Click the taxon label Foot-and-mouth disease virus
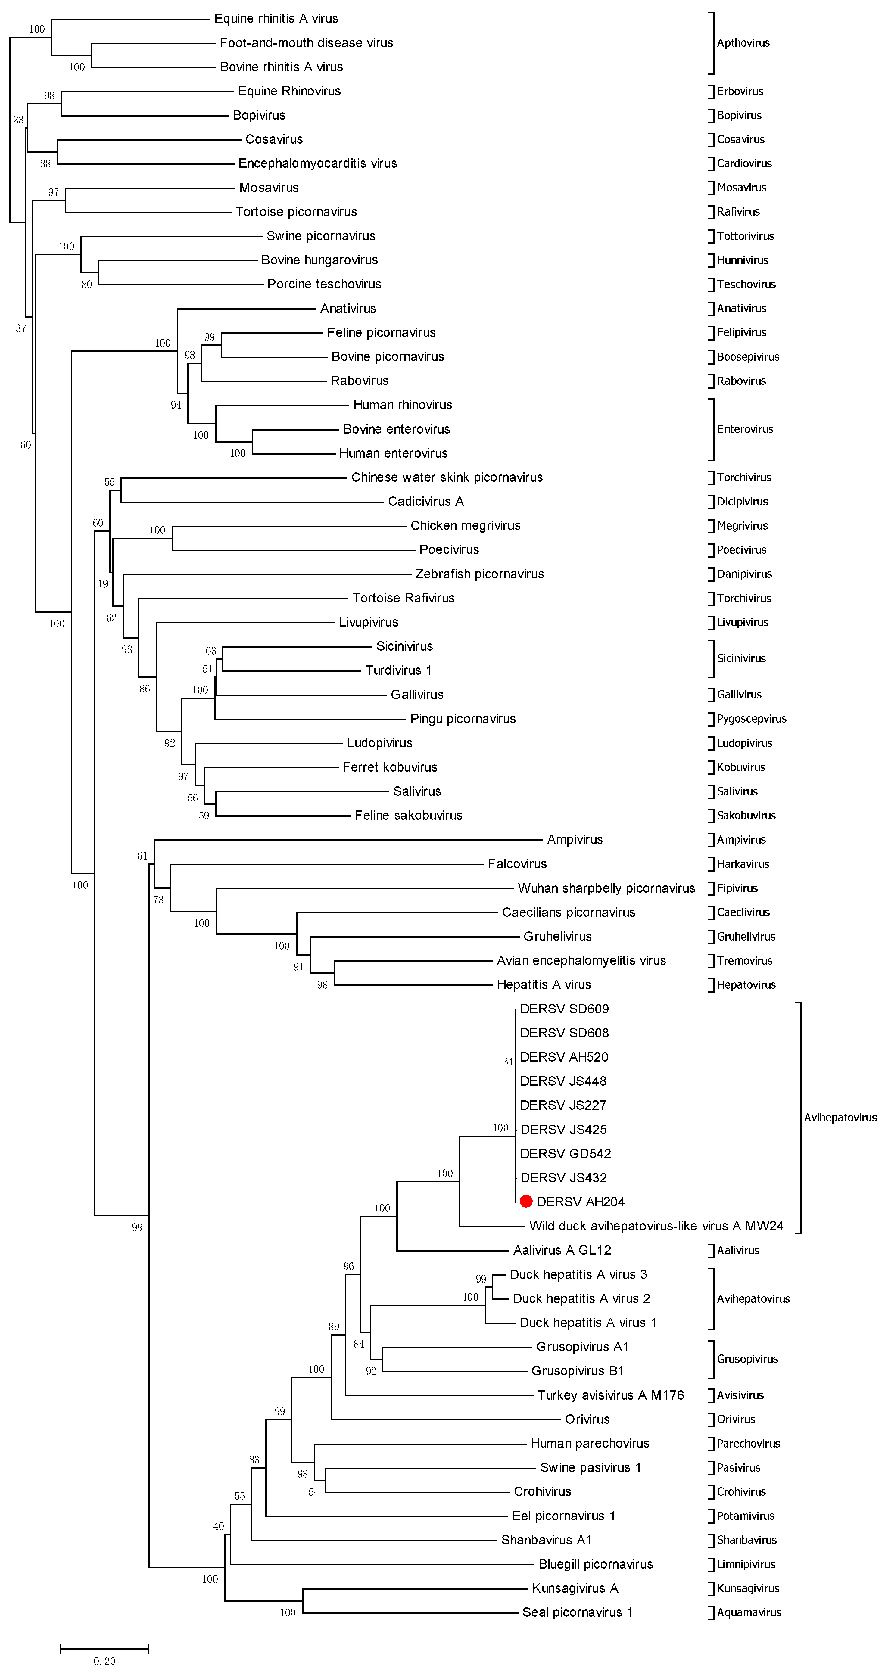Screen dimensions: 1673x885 coord(306,43)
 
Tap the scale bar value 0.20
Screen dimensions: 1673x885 coord(104,1661)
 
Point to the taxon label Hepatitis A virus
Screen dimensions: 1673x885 coord(544,984)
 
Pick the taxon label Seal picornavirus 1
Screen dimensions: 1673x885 coord(577,1612)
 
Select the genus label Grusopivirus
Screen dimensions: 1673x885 coord(747,1359)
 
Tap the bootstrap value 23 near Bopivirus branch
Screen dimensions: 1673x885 coord(18,120)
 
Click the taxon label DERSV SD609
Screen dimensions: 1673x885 coord(564,1009)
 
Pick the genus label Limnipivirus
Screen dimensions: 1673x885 coord(746,1564)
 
